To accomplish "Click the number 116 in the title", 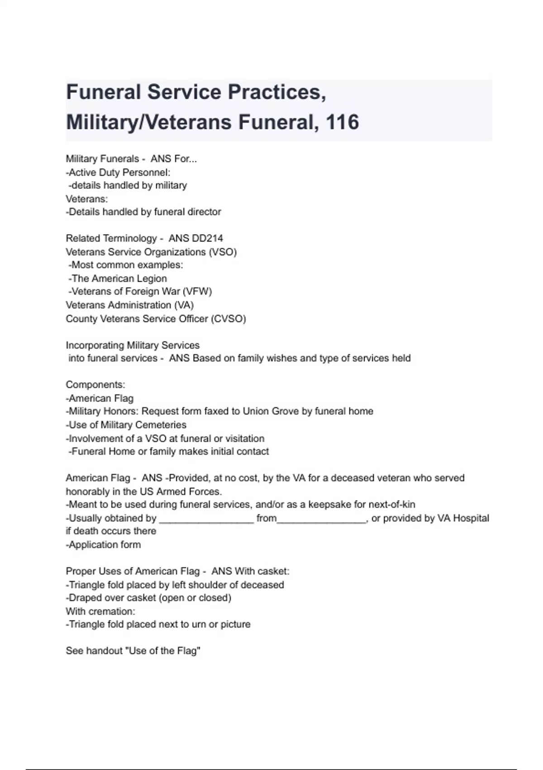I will [342, 122].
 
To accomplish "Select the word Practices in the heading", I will [276, 92].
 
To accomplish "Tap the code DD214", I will [208, 238].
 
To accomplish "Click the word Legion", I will [152, 279].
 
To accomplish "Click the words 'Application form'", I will [105, 544].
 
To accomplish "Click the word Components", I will [95, 385].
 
